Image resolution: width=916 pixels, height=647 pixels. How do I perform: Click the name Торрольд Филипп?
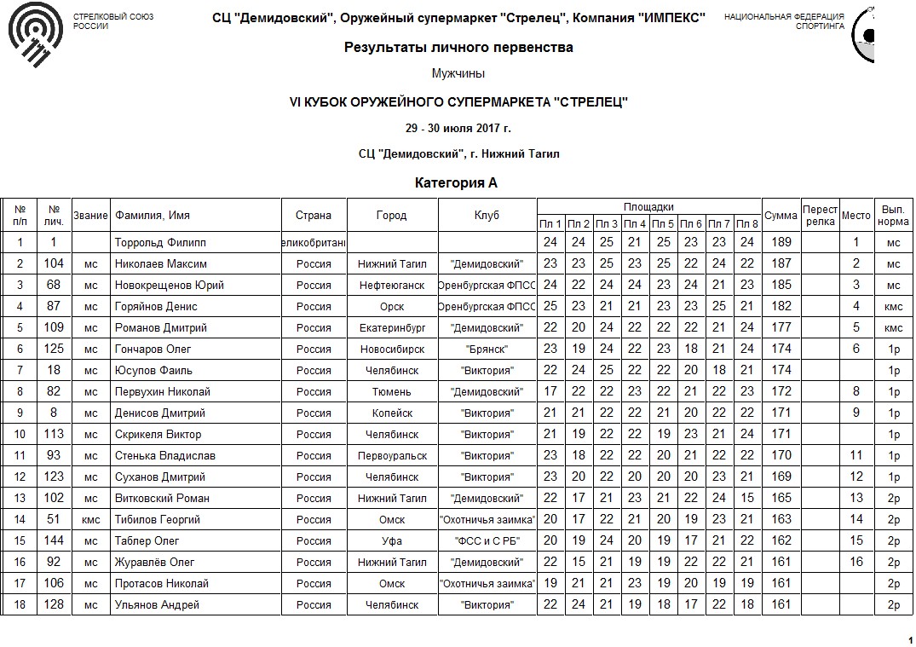point(160,243)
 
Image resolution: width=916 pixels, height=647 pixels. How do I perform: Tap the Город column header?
point(392,216)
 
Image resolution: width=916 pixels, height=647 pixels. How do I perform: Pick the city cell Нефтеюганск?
point(392,286)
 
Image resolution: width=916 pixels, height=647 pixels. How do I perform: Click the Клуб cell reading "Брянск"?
point(487,349)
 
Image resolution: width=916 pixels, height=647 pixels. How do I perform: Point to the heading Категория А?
point(456,183)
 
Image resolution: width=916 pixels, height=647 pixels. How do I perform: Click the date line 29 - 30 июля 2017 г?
point(458,129)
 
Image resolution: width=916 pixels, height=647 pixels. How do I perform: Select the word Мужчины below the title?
point(458,74)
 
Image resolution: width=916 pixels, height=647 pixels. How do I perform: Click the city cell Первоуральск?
point(392,456)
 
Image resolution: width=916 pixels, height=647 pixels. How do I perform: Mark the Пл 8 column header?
point(747,224)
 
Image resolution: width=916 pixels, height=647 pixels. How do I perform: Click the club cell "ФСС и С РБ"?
point(487,541)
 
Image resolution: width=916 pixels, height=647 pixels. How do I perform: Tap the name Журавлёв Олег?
point(154,563)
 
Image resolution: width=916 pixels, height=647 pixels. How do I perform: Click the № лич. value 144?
point(54,541)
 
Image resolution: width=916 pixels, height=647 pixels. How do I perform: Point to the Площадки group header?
point(648,207)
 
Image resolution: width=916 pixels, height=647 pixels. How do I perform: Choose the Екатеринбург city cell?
point(392,328)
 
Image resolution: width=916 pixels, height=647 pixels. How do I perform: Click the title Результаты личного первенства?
point(458,48)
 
